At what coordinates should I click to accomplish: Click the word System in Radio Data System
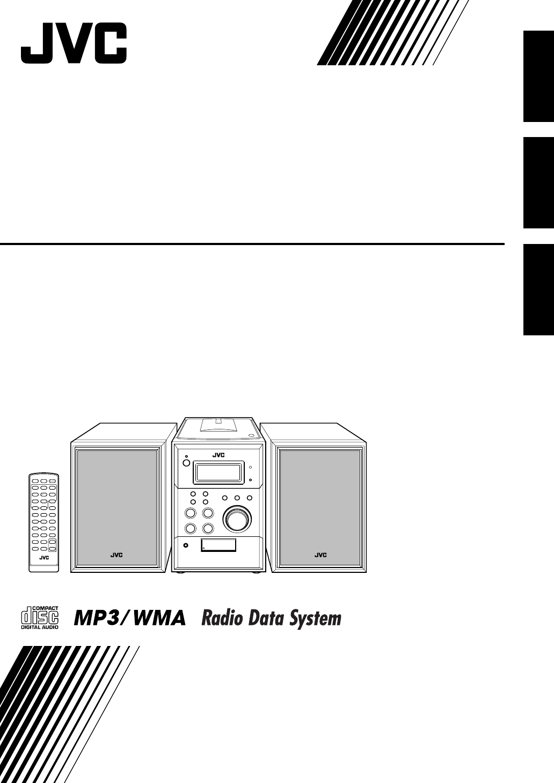pos(313,619)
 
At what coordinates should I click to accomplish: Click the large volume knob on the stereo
pos(237,520)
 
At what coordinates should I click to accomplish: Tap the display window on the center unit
pos(217,473)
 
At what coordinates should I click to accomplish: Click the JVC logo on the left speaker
pos(116,555)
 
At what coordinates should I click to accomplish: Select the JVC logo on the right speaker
pos(320,555)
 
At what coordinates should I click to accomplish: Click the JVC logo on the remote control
pos(44,557)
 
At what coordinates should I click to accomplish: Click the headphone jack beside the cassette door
pos(186,546)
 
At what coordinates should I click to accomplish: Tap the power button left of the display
pos(185,463)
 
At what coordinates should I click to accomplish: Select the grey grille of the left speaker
pos(116,500)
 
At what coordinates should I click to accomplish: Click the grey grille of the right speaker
pos(320,500)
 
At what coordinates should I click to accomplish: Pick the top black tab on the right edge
pos(538,76)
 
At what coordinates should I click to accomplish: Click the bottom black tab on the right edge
pos(538,290)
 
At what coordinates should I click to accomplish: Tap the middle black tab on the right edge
pos(538,183)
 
